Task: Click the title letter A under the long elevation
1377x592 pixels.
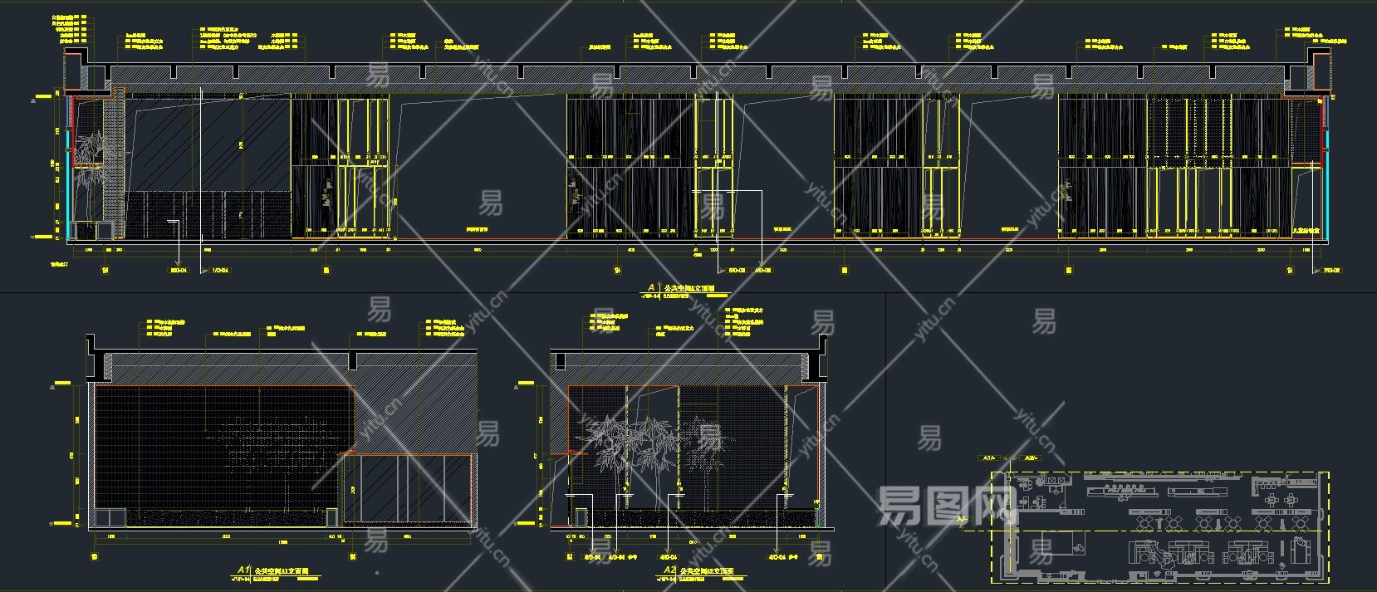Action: tap(651, 287)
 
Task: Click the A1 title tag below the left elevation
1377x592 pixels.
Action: tap(243, 570)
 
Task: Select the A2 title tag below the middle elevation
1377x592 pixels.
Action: tap(669, 570)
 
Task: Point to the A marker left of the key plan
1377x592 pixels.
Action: tap(962, 520)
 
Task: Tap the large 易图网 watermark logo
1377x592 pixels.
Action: tap(947, 505)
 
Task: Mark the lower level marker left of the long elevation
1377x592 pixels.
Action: tap(37, 237)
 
